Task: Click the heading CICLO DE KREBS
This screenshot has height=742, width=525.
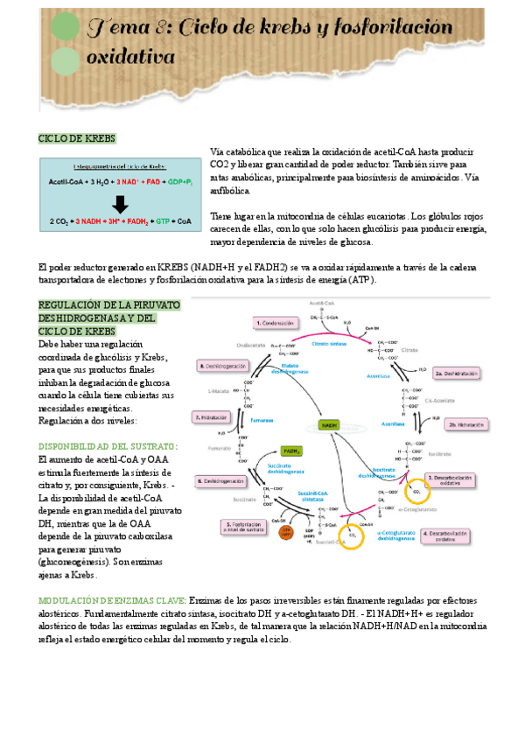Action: [77, 139]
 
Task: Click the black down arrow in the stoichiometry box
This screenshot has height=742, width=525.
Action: [121, 204]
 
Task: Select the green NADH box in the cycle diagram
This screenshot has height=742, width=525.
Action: [330, 424]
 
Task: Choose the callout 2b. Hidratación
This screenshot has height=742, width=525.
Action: [465, 423]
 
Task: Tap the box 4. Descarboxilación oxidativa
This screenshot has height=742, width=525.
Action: [449, 535]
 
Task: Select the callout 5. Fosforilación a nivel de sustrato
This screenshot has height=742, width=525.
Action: [246, 528]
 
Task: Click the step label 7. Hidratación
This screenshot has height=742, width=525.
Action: [212, 417]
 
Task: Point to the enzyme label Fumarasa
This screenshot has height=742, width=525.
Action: [262, 420]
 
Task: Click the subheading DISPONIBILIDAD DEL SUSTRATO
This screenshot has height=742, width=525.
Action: [108, 446]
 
